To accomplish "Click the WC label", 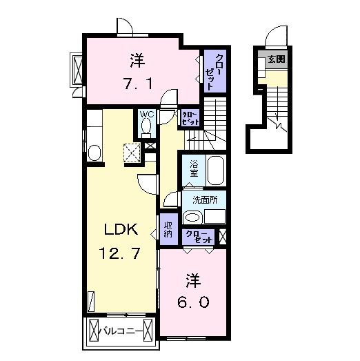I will point(146,115).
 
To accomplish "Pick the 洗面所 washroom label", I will point(204,200).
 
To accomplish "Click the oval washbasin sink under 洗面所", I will point(192,216).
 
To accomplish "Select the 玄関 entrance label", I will point(275,59).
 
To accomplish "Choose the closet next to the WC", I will point(189,117).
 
